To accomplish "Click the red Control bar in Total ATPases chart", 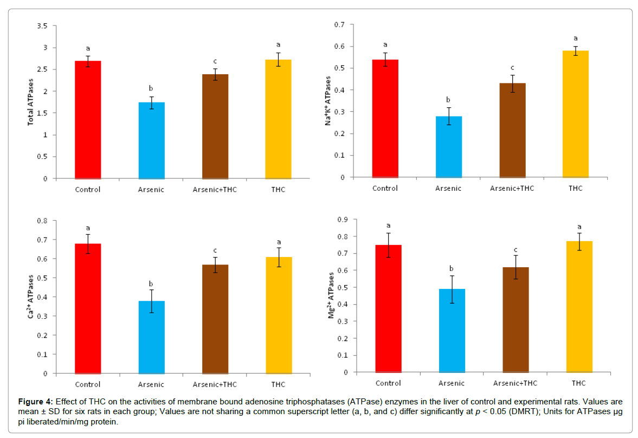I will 88,119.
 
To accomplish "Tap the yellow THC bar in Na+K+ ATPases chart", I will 576,114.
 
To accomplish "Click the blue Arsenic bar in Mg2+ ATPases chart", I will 452,331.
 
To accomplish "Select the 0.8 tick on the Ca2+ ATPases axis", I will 41,221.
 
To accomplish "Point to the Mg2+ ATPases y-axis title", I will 332,295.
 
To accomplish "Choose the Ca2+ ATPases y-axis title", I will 30,297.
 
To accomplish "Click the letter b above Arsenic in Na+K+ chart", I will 449,100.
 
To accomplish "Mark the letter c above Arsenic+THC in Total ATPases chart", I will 215,61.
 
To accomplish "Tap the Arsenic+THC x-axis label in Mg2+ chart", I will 515,383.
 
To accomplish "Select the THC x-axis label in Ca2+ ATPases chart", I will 278,384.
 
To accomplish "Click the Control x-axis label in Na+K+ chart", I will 385,188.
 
